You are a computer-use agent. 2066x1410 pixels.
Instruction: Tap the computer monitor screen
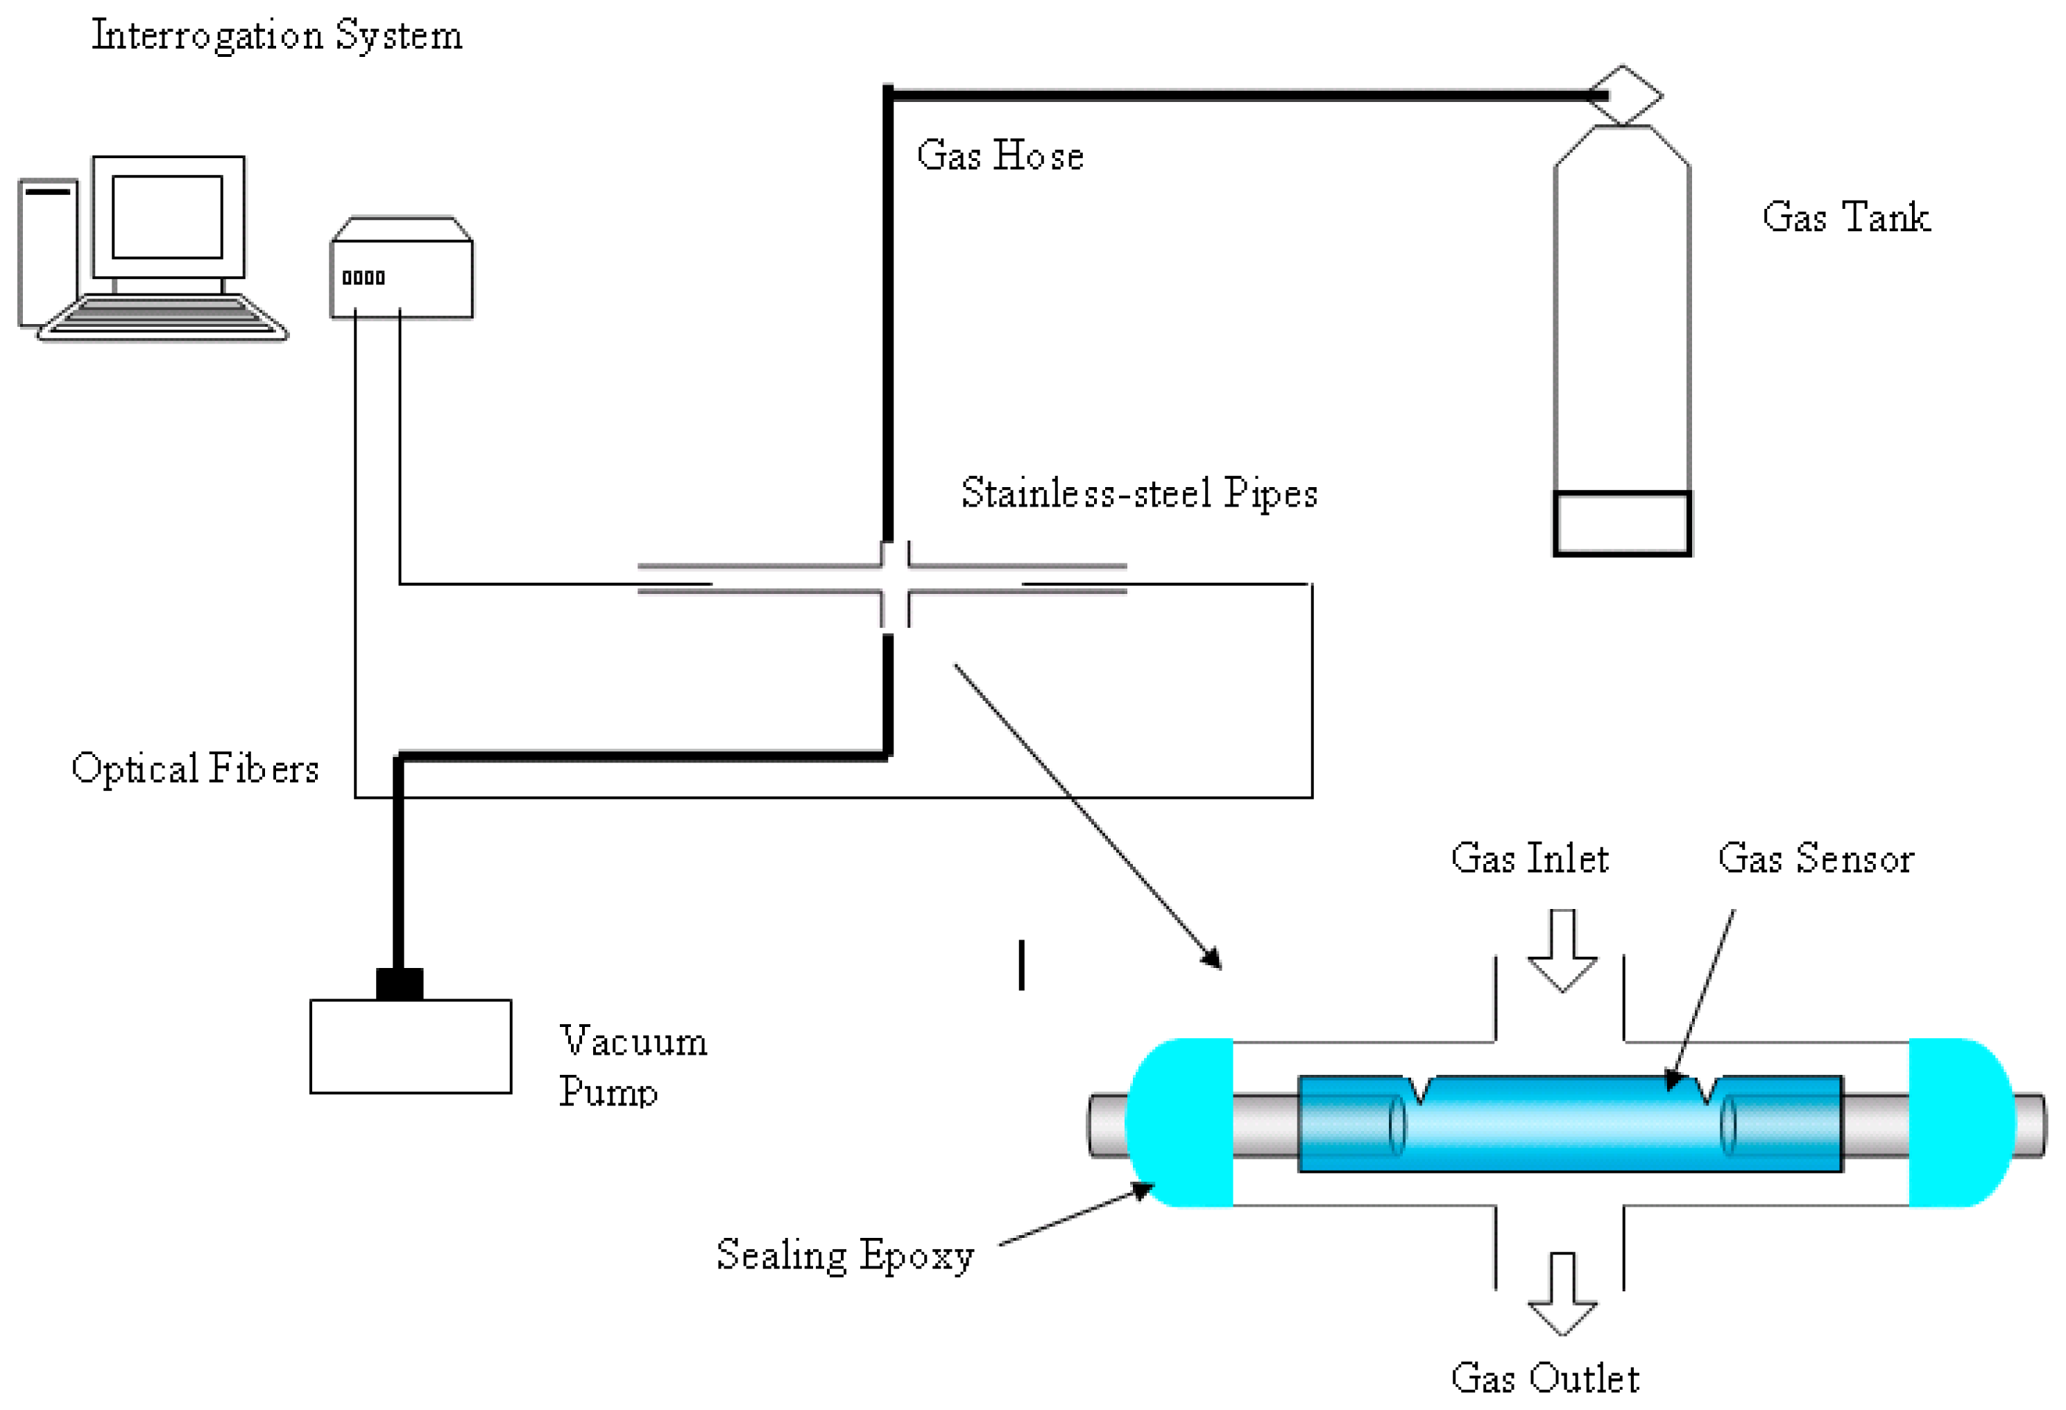(x=167, y=217)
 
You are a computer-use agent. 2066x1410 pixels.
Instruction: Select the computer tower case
(x=48, y=253)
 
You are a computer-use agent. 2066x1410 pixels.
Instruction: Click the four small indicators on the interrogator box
(x=364, y=278)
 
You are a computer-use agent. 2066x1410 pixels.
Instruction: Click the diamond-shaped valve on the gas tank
(x=1624, y=95)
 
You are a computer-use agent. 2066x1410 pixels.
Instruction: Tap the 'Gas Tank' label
(x=1845, y=218)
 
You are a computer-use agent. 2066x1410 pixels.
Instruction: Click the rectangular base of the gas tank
(x=1621, y=524)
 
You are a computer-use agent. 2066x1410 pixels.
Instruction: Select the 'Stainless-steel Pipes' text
(x=1138, y=493)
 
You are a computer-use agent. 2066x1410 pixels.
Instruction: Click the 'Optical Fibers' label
(x=195, y=769)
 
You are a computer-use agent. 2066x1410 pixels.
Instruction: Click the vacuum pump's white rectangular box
(x=410, y=1046)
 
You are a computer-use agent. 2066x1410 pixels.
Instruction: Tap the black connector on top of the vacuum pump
(x=399, y=984)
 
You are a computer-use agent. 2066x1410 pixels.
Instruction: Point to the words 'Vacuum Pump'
(x=631, y=1066)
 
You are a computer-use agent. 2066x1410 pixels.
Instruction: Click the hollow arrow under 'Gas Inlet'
(x=1562, y=949)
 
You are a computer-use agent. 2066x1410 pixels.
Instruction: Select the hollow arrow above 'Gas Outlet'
(x=1562, y=1293)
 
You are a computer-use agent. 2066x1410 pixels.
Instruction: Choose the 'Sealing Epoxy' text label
(x=844, y=1255)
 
